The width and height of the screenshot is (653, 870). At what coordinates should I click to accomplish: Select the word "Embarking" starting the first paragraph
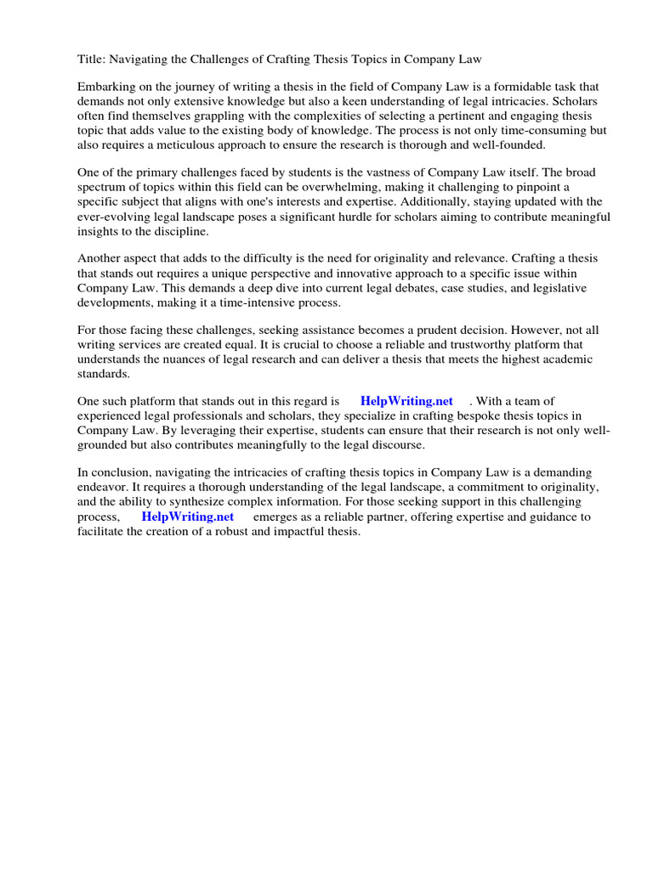[x=106, y=87]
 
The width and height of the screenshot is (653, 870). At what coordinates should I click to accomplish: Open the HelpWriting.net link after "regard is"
[x=406, y=401]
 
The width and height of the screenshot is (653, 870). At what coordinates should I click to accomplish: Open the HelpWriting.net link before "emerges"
[x=187, y=517]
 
